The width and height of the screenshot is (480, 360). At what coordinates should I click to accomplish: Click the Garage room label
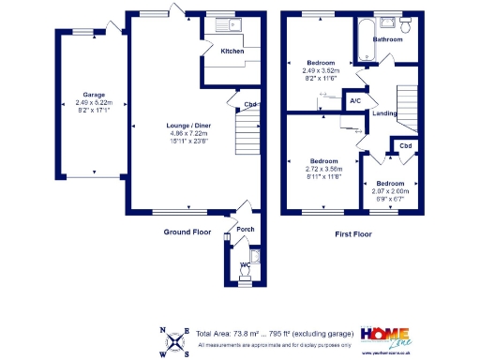[x=94, y=94]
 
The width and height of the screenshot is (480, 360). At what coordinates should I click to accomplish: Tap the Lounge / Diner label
[x=164, y=125]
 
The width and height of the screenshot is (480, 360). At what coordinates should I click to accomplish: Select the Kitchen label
[x=232, y=51]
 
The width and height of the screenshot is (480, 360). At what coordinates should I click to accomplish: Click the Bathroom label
[x=388, y=40]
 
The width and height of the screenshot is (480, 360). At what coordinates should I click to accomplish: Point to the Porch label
[x=245, y=229]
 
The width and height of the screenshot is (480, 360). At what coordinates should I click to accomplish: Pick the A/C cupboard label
[x=356, y=100]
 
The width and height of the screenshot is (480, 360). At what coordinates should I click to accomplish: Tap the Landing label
[x=384, y=113]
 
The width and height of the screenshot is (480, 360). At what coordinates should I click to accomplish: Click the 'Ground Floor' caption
[x=188, y=231]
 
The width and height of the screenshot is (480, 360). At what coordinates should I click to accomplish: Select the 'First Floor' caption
[x=353, y=231]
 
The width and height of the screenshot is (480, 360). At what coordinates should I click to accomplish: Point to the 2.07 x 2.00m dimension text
[x=390, y=190]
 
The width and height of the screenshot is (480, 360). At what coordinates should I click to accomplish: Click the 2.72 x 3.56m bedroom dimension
[x=324, y=169]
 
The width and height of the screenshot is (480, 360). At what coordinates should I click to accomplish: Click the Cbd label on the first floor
[x=405, y=146]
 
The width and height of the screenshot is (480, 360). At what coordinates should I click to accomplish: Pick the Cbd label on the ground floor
[x=251, y=104]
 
